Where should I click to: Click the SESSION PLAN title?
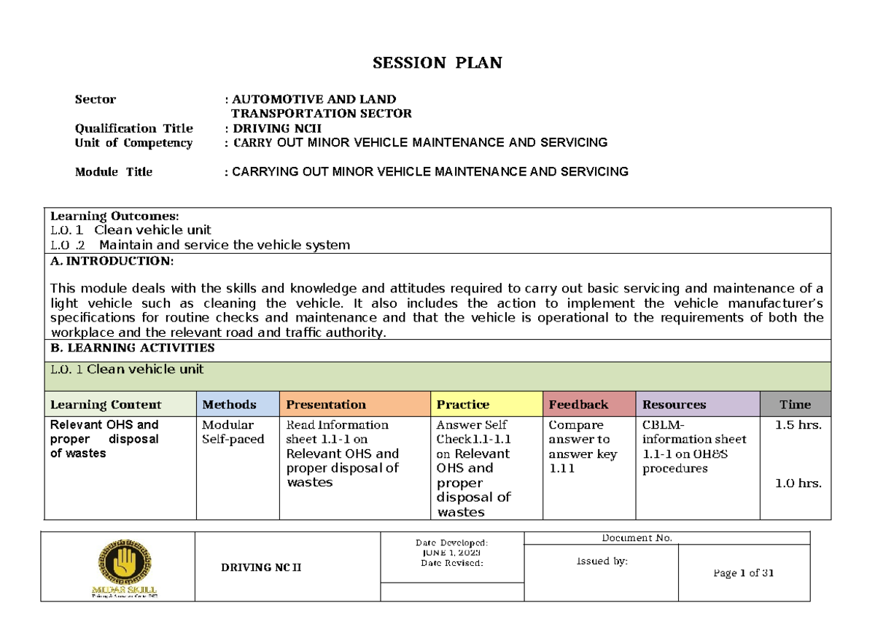[437, 63]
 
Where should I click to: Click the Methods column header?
[229, 405]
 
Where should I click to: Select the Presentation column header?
[326, 405]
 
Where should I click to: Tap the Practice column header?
[462, 405]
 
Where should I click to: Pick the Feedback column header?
[578, 405]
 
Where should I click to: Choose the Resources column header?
[674, 405]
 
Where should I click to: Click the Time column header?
[795, 405]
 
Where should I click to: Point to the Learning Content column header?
[106, 405]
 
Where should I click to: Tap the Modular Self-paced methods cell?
[233, 432]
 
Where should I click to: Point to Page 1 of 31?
[744, 573]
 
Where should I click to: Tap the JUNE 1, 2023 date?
[451, 553]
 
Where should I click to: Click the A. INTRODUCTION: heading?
[112, 261]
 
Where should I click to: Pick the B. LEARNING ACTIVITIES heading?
[132, 348]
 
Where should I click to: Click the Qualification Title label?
[133, 128]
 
